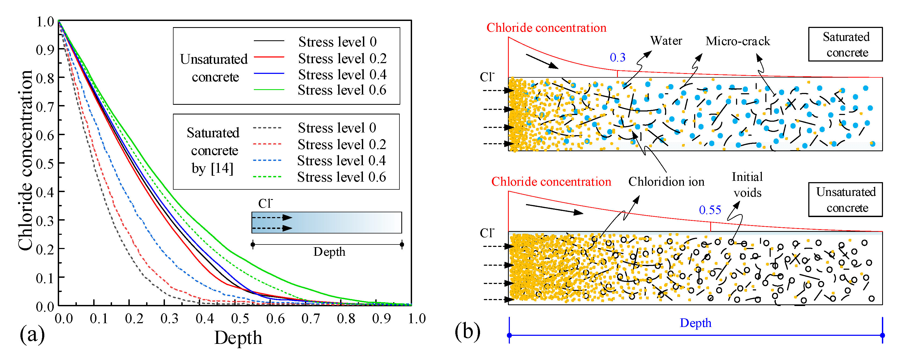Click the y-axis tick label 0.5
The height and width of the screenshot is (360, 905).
point(45,164)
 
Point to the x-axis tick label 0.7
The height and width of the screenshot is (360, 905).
point(311,319)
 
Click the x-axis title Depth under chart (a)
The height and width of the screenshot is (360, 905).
point(238,338)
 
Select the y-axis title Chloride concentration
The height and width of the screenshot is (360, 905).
point(25,160)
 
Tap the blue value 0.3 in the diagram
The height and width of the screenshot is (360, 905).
point(617,57)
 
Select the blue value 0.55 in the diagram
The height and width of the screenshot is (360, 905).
point(710,210)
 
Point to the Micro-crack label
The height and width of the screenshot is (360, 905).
point(737,41)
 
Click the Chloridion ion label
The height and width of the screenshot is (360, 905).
point(666,182)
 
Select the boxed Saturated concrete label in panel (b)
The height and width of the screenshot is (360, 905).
point(845,45)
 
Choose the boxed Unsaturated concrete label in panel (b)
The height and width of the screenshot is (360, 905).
point(845,200)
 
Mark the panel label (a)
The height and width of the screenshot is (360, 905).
point(32,334)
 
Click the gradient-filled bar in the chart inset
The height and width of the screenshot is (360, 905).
point(326,222)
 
